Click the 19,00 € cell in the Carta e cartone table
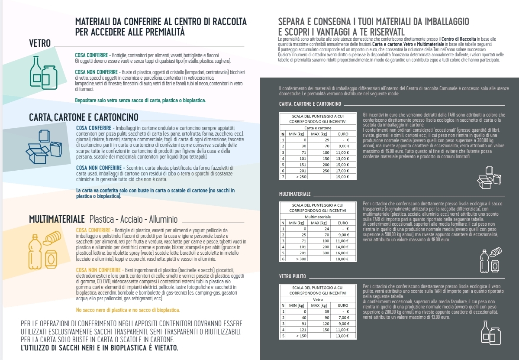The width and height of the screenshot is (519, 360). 342,177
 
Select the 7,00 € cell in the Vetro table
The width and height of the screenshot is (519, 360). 342,318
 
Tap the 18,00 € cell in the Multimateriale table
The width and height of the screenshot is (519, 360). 342,259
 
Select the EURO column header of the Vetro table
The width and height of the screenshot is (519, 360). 343,305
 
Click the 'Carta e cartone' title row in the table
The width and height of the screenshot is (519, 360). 318,128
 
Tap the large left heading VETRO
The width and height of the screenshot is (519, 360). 40,44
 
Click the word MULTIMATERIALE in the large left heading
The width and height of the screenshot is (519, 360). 57,220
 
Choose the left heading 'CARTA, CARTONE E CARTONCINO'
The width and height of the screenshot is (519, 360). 84,117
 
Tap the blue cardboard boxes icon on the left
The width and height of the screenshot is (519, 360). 44,149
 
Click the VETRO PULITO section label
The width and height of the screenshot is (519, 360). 293,276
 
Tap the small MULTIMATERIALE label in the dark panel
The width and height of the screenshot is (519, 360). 295,193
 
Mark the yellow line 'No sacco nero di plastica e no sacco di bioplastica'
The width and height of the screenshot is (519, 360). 128,310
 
